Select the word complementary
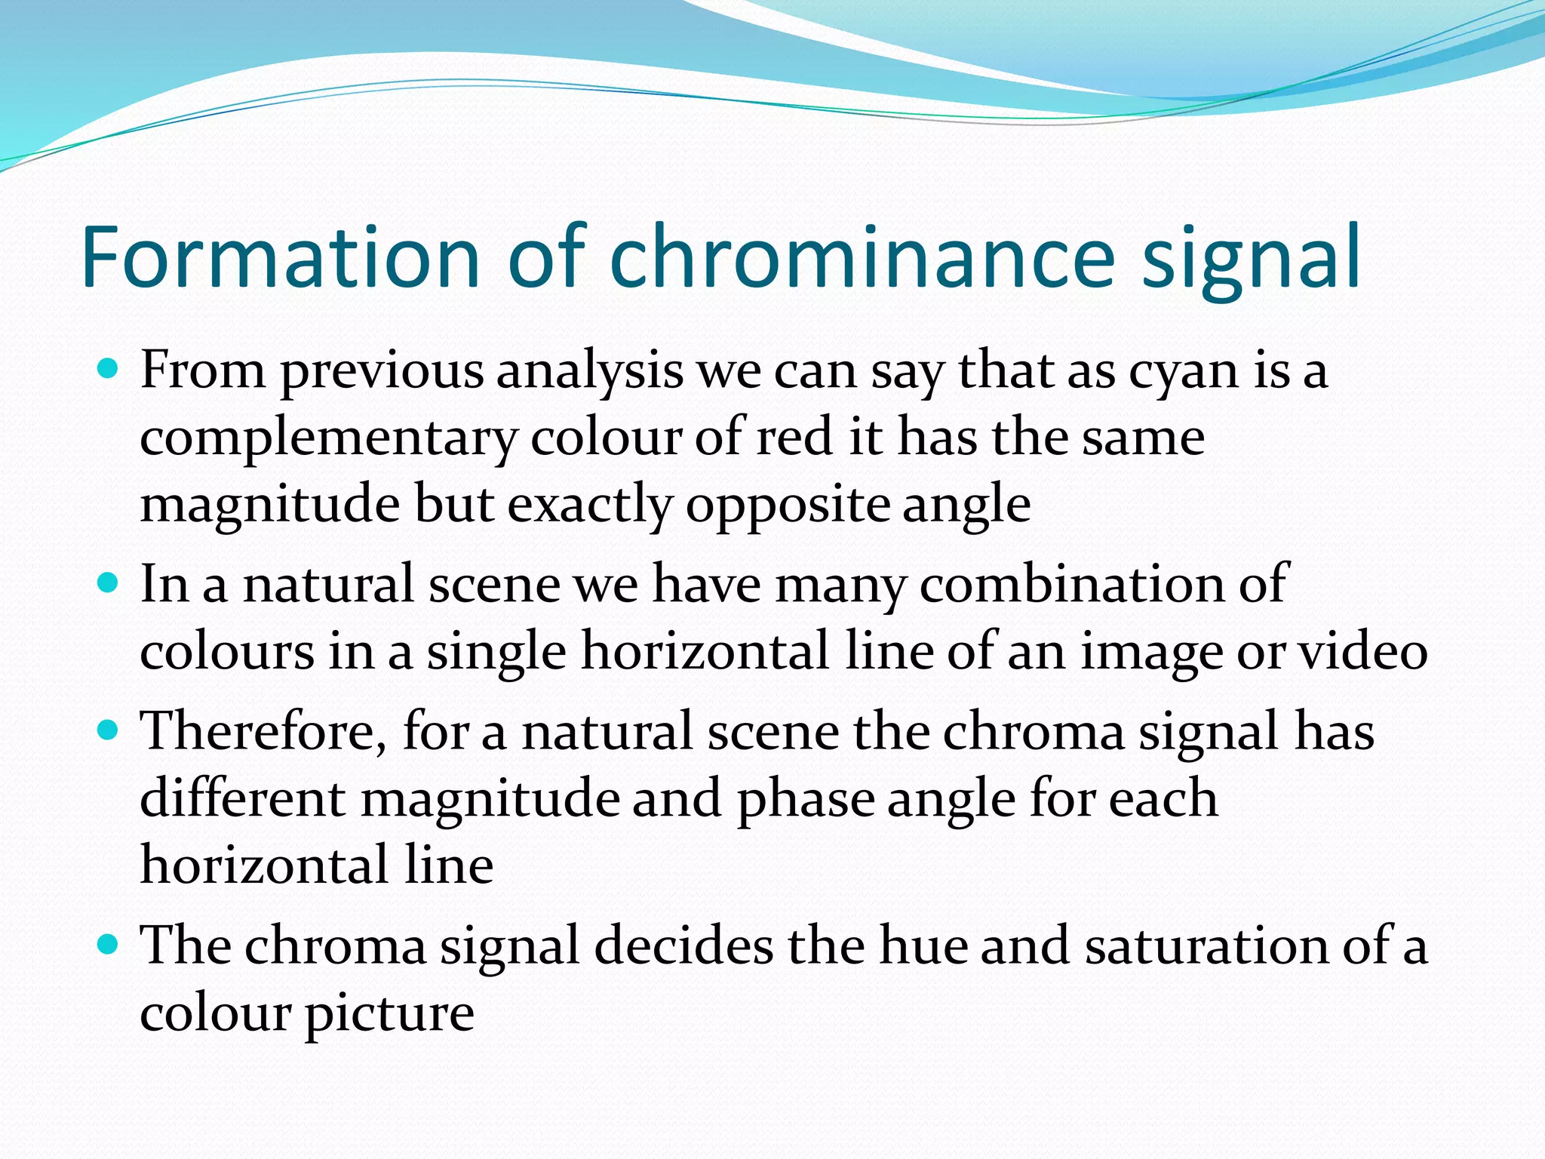point(328,439)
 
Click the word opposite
point(787,506)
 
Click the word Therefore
point(264,732)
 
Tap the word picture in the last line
point(389,1014)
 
